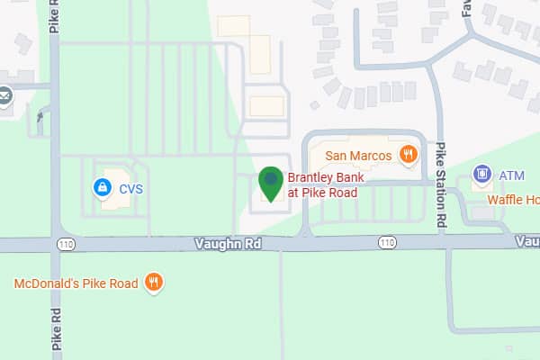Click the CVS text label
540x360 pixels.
[131, 189]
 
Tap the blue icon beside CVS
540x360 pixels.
[103, 188]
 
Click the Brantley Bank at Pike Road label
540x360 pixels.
[322, 185]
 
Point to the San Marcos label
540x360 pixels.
[357, 155]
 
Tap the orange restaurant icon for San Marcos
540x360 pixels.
[408, 155]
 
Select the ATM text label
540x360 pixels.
[511, 174]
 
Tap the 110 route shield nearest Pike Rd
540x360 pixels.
[69, 243]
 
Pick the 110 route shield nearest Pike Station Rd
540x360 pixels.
[387, 243]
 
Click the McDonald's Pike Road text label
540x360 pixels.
[76, 283]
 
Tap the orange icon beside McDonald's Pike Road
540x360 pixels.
[154, 283]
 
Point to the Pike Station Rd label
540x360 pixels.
[441, 184]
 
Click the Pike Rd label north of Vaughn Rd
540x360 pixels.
[55, 16]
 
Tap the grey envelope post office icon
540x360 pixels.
[4, 96]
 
